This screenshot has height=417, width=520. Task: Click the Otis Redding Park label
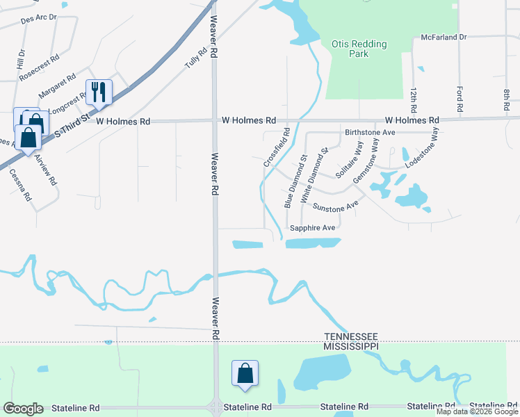pyautogui.click(x=359, y=49)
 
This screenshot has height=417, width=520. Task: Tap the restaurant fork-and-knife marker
pyautogui.click(x=99, y=92)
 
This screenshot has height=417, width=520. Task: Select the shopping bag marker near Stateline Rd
pyautogui.click(x=245, y=373)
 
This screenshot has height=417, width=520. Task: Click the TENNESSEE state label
pyautogui.click(x=351, y=336)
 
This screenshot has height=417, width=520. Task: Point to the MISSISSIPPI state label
pyautogui.click(x=351, y=345)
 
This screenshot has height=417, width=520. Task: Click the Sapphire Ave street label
pyautogui.click(x=313, y=227)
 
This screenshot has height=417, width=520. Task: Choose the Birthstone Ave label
pyautogui.click(x=370, y=132)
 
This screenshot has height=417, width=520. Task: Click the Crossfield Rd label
pyautogui.click(x=275, y=147)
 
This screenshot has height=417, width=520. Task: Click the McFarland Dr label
pyautogui.click(x=444, y=37)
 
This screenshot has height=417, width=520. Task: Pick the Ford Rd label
pyautogui.click(x=460, y=99)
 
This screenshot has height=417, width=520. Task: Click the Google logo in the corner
pyautogui.click(x=22, y=409)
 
